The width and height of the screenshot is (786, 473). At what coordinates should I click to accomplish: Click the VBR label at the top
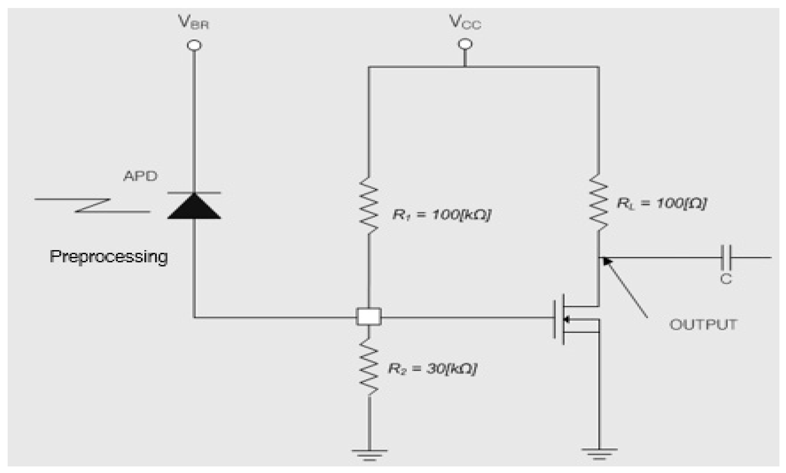[193, 23]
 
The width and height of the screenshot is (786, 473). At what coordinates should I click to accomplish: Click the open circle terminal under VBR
[194, 46]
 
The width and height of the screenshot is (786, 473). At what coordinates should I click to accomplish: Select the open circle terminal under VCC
[465, 44]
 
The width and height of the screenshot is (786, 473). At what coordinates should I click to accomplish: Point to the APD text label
[140, 176]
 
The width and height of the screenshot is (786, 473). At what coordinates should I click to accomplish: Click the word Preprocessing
[108, 257]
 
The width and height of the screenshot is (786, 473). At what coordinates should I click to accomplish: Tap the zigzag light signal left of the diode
[93, 205]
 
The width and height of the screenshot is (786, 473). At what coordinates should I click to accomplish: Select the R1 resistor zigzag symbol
[368, 205]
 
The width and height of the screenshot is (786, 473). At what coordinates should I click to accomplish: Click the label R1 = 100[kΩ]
[442, 214]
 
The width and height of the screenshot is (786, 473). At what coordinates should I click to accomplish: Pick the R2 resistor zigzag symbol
[368, 368]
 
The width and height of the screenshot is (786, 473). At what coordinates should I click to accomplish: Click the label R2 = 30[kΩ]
[432, 369]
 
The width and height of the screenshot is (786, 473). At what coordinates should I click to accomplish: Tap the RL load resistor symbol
[598, 202]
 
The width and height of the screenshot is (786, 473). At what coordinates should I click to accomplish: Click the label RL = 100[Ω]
[662, 203]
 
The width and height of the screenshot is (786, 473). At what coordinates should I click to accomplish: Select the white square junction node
[368, 316]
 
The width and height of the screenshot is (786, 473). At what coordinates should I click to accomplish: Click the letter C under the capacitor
[726, 279]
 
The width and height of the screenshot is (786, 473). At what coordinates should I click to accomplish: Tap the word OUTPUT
[703, 324]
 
